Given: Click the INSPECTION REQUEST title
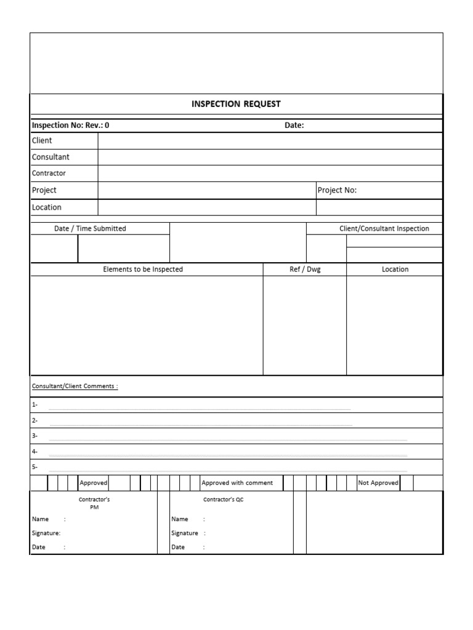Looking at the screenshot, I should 236,104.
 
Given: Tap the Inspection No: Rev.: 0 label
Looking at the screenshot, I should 71,126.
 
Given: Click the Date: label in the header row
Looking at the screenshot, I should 294,126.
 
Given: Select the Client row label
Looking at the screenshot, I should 42,140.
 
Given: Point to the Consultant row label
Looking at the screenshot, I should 51,157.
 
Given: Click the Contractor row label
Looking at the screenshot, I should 49,173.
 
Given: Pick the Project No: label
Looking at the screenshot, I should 337,190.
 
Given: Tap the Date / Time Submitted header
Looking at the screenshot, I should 90,228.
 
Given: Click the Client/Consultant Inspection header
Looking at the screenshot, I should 384,228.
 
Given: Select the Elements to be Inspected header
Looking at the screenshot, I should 143,269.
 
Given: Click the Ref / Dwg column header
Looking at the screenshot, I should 305,269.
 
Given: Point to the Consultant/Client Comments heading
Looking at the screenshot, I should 75,386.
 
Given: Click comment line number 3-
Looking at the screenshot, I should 34,436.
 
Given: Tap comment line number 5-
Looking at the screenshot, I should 34,467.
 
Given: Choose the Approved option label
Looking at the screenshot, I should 94,483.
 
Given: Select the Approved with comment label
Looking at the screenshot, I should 237,483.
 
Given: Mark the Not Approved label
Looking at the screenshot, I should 378,483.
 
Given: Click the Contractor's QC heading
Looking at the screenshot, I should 224,500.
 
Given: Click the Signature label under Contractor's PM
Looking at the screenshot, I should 46,533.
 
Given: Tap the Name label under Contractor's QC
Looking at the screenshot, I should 180,519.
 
